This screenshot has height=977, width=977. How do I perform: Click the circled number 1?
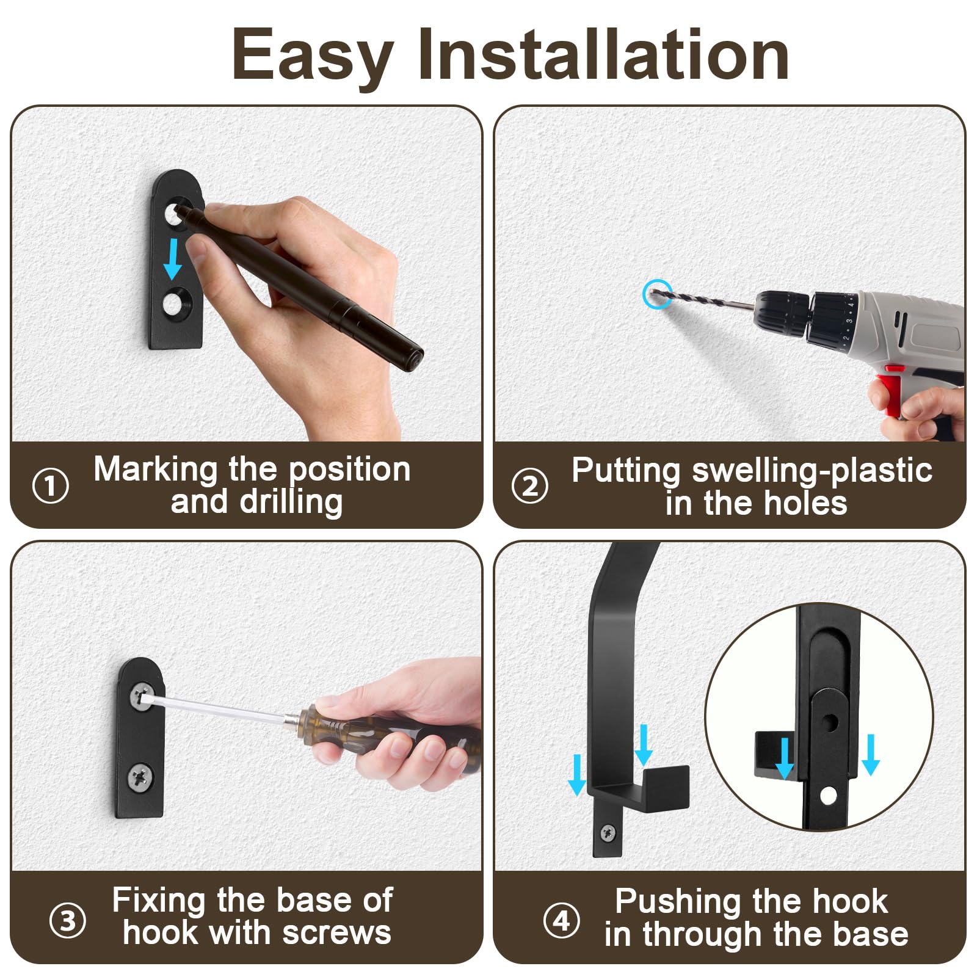click(50, 485)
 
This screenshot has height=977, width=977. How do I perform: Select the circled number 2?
click(529, 486)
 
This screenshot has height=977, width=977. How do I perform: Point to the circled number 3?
click(67, 920)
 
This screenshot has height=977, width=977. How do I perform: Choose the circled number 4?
click(561, 920)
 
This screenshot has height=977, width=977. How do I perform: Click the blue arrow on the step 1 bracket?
click(173, 259)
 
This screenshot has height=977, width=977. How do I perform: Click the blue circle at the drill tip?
click(658, 294)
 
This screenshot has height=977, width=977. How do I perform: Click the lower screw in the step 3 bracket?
click(141, 777)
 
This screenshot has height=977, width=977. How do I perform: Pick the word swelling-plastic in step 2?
click(812, 471)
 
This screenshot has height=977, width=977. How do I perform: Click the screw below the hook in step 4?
click(608, 831)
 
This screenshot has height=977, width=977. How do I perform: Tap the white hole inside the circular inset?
click(828, 796)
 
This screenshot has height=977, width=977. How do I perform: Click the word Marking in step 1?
click(156, 470)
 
